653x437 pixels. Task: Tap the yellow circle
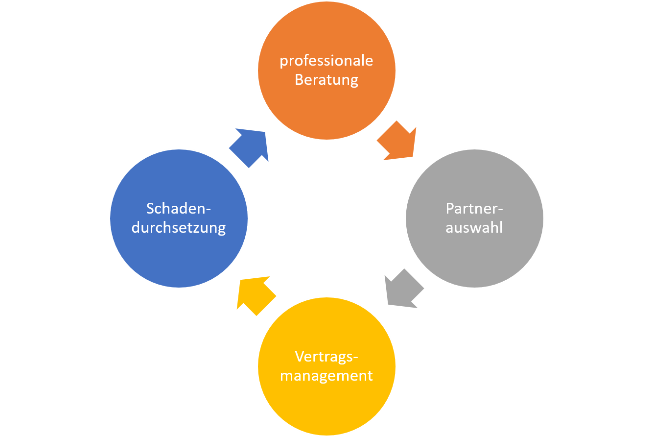326,407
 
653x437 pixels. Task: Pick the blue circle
179,260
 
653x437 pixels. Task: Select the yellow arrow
255,294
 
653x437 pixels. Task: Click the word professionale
326,61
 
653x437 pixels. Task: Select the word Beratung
326,79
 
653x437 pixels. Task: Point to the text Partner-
474,208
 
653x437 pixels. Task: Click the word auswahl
474,227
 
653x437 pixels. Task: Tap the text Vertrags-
326,356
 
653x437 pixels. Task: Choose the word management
326,376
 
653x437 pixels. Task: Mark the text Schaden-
179,208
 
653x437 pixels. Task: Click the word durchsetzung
179,228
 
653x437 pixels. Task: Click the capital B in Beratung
299,79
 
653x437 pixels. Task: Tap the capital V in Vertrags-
300,356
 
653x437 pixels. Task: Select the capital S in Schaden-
150,208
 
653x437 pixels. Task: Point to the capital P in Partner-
450,208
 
